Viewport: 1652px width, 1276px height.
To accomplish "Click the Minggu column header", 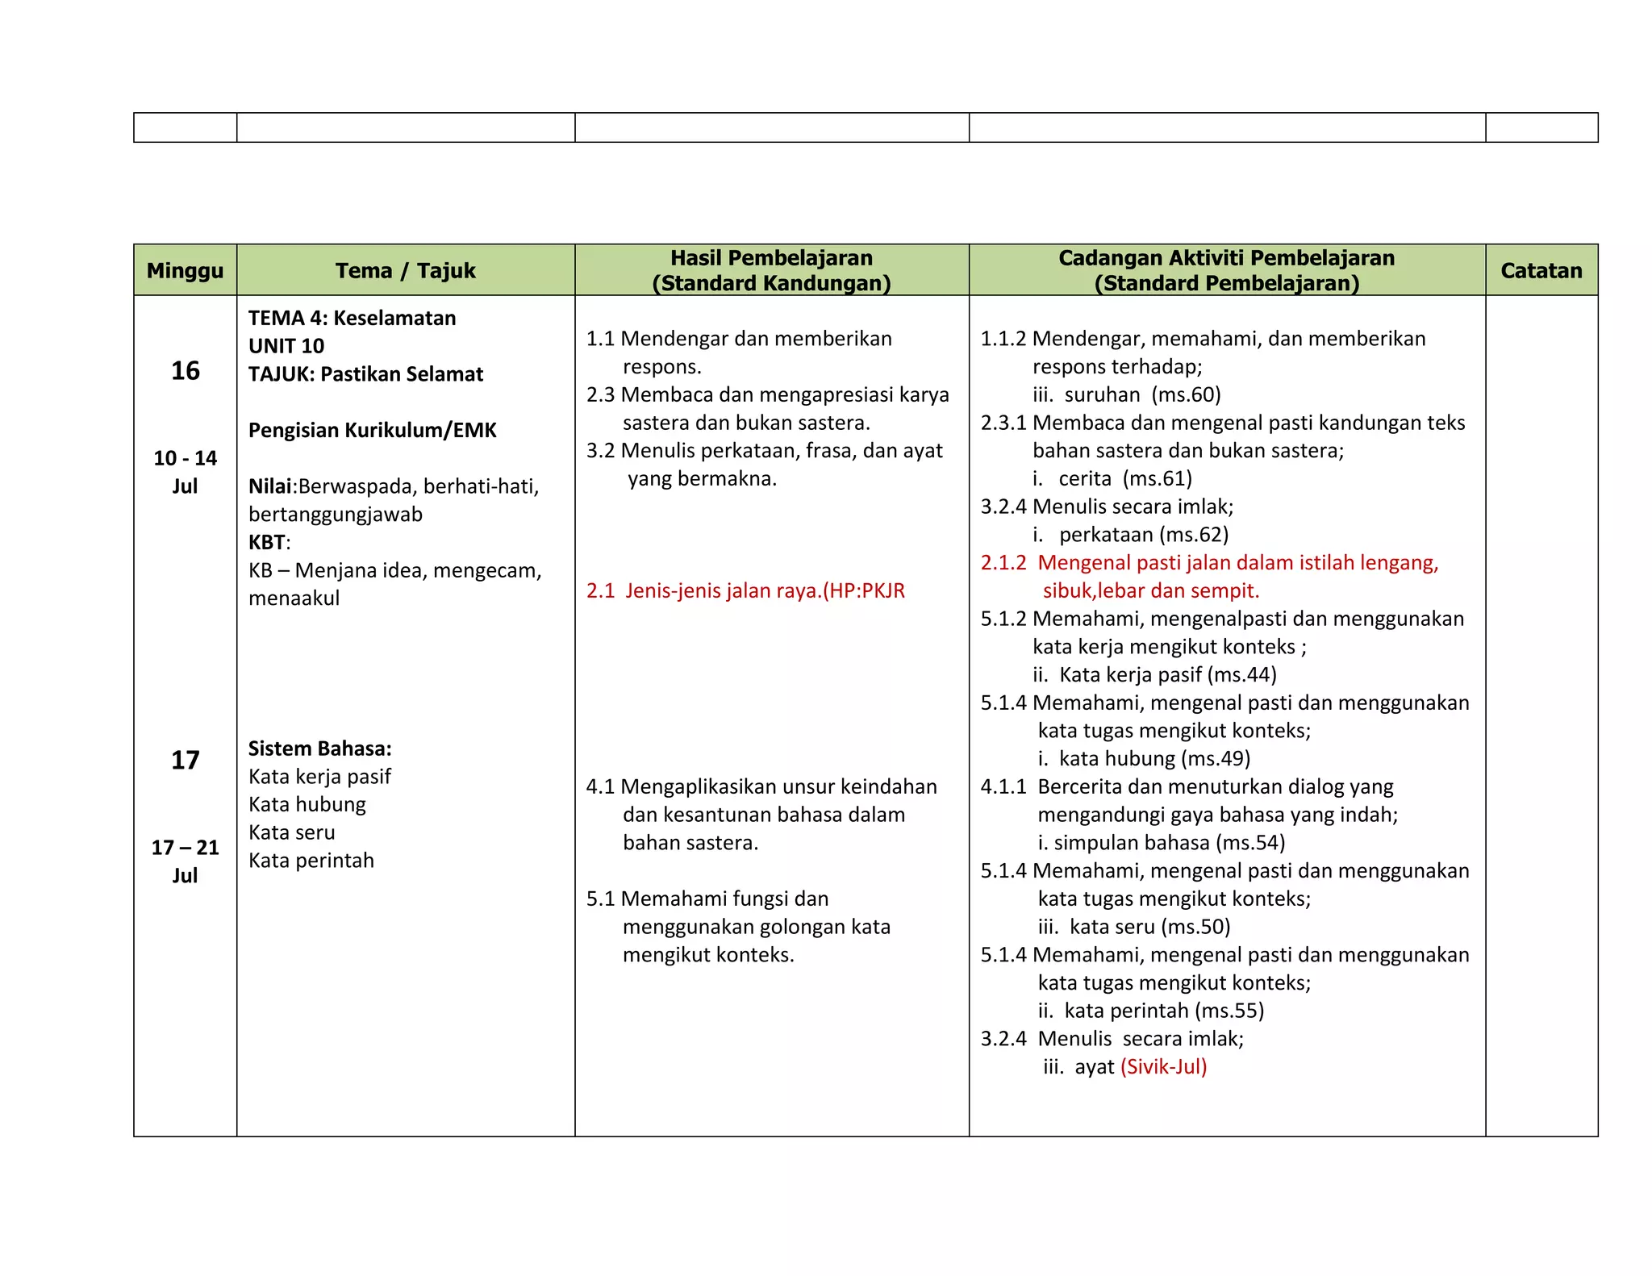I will click(x=185, y=270).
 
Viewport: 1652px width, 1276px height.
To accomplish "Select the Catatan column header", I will click(x=1541, y=270).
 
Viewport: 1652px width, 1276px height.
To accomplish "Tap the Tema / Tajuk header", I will click(x=405, y=270).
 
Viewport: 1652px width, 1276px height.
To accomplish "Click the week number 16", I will click(x=185, y=370).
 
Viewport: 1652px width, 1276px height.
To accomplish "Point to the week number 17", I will click(x=185, y=760).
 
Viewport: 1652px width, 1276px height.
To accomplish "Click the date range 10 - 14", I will click(x=185, y=458).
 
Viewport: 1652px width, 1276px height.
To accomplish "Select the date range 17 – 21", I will click(x=185, y=848).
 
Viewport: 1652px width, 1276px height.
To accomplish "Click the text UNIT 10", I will click(x=286, y=346).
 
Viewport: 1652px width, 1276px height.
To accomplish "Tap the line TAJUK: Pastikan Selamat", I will click(x=365, y=374).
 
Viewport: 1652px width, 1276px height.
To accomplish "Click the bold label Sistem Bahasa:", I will click(x=319, y=749).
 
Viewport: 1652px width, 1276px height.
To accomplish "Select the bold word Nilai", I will click(x=269, y=486).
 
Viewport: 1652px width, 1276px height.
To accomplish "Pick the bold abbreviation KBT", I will click(x=266, y=542).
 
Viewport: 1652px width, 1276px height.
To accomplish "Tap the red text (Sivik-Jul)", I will click(x=1163, y=1067).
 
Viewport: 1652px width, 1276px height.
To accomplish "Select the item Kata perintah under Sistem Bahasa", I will click(x=311, y=861).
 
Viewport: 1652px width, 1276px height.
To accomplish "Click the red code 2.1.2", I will click(x=1003, y=563).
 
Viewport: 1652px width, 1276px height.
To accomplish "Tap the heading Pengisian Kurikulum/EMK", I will click(x=372, y=430).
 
